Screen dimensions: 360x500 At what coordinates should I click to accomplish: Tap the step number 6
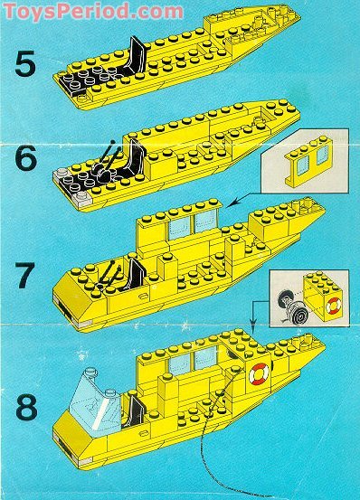coord(26,158)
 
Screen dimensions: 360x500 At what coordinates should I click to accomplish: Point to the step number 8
coord(26,406)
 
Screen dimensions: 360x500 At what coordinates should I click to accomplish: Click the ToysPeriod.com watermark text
coord(93,12)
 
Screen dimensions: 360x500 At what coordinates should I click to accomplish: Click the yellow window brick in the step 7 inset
coord(306,161)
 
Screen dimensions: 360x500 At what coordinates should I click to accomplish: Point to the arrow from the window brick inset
coord(245,199)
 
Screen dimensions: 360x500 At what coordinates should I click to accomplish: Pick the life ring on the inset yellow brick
coord(334,306)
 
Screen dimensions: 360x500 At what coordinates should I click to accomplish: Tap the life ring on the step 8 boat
coord(259,373)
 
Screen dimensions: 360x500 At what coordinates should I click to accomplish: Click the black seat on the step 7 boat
coord(136,274)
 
